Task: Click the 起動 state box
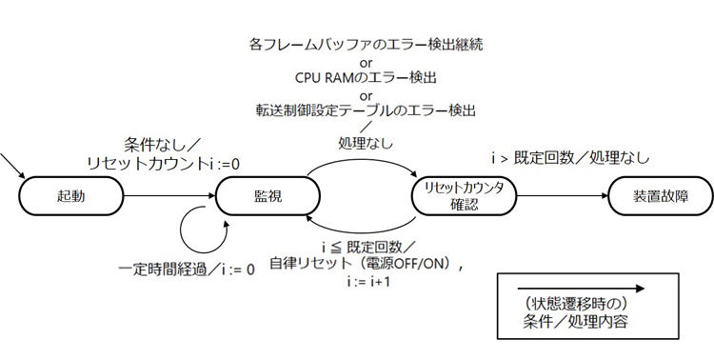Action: [x=70, y=197]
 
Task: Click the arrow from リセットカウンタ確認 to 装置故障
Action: [x=562, y=197]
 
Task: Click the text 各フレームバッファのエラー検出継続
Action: [x=367, y=45]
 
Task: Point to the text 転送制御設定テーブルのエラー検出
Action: [x=367, y=111]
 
